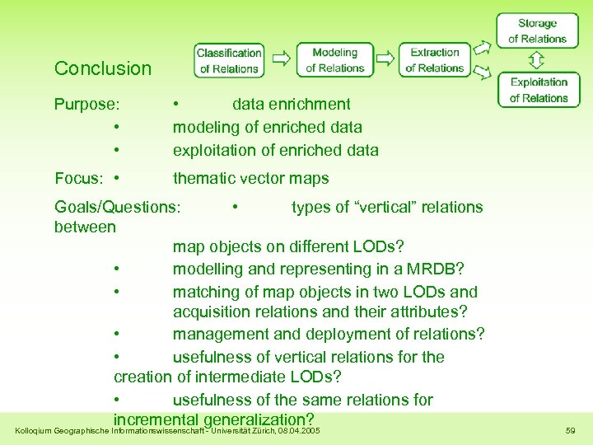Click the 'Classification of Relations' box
229,60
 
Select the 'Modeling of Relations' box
334,60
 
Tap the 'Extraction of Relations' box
434,60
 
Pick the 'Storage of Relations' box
537,31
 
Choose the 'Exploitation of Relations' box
539,90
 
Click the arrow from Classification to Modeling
281,59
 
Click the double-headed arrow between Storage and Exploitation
537,60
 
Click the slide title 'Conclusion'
103,68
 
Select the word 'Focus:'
78,179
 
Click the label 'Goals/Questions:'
116,207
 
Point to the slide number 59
571,431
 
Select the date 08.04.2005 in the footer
299,431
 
